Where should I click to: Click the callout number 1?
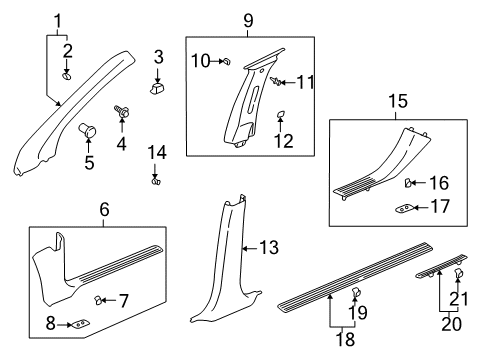[x=57, y=18]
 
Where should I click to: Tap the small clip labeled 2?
[x=67, y=74]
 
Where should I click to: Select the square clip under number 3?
[x=158, y=89]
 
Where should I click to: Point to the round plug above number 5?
[x=86, y=129]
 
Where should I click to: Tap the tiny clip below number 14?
[x=155, y=181]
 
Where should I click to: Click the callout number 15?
[x=397, y=101]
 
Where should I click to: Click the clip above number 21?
[x=460, y=301]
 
